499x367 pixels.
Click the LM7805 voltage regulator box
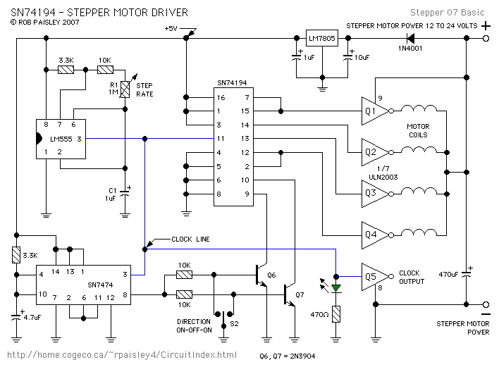321,39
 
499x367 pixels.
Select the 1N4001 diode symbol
410,39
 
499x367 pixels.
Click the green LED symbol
336,287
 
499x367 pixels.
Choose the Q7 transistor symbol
289,294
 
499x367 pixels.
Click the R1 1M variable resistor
125,89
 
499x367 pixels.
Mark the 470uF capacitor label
449,273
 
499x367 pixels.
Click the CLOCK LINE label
190,240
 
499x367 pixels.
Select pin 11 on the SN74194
221,138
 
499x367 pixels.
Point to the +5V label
171,28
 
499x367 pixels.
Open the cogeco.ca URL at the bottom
123,354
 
